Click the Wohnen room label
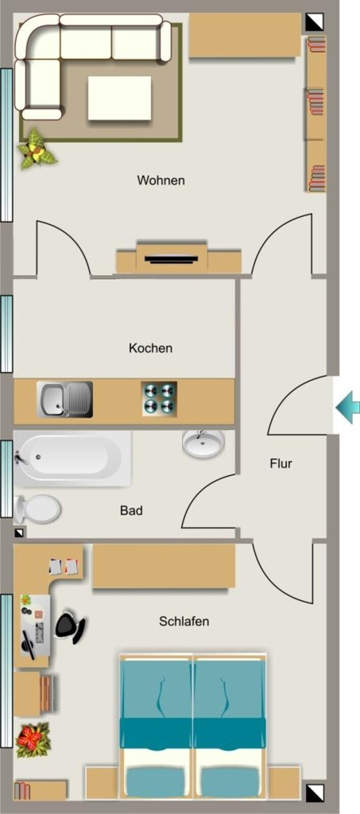(x=161, y=180)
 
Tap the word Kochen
(x=150, y=348)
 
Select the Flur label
(x=281, y=463)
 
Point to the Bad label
(x=131, y=510)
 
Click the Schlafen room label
(x=184, y=621)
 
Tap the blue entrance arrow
(x=347, y=408)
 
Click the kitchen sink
(x=65, y=400)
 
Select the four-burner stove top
(x=159, y=398)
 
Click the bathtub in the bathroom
(x=72, y=458)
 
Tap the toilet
(x=37, y=509)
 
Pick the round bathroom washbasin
(x=203, y=444)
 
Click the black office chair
(x=71, y=626)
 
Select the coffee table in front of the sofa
(x=119, y=98)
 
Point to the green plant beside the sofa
(x=37, y=149)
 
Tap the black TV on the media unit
(x=171, y=258)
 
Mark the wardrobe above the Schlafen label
(x=164, y=566)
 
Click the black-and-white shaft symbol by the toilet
(x=19, y=532)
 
